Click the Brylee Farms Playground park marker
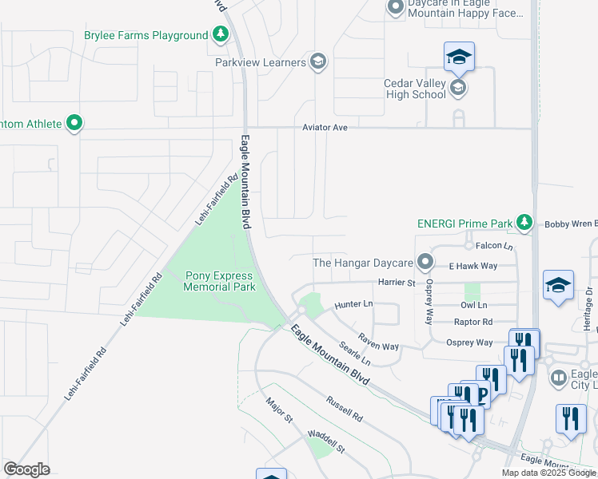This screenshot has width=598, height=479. [x=221, y=35]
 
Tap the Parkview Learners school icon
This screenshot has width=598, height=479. [x=318, y=62]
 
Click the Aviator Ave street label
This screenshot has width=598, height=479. [x=325, y=128]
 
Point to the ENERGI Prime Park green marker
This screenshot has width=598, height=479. [x=524, y=222]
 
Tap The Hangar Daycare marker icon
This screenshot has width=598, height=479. [x=425, y=262]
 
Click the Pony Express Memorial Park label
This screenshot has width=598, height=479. [x=220, y=281]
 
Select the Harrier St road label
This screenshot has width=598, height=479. [x=397, y=283]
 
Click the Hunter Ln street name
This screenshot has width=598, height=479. [x=353, y=304]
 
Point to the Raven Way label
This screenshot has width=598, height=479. [x=378, y=342]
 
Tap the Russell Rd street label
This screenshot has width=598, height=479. [x=345, y=407]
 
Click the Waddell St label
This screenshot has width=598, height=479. [x=326, y=444]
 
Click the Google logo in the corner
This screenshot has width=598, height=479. [x=26, y=469]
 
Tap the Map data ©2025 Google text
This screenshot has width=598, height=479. [x=548, y=473]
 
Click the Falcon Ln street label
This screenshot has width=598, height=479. [x=493, y=247]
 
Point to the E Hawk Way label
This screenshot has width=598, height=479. [x=472, y=266]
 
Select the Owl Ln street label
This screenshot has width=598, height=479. [x=474, y=305]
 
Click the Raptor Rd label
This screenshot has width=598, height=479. [x=473, y=322]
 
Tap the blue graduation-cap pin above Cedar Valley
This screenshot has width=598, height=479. [x=459, y=57]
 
